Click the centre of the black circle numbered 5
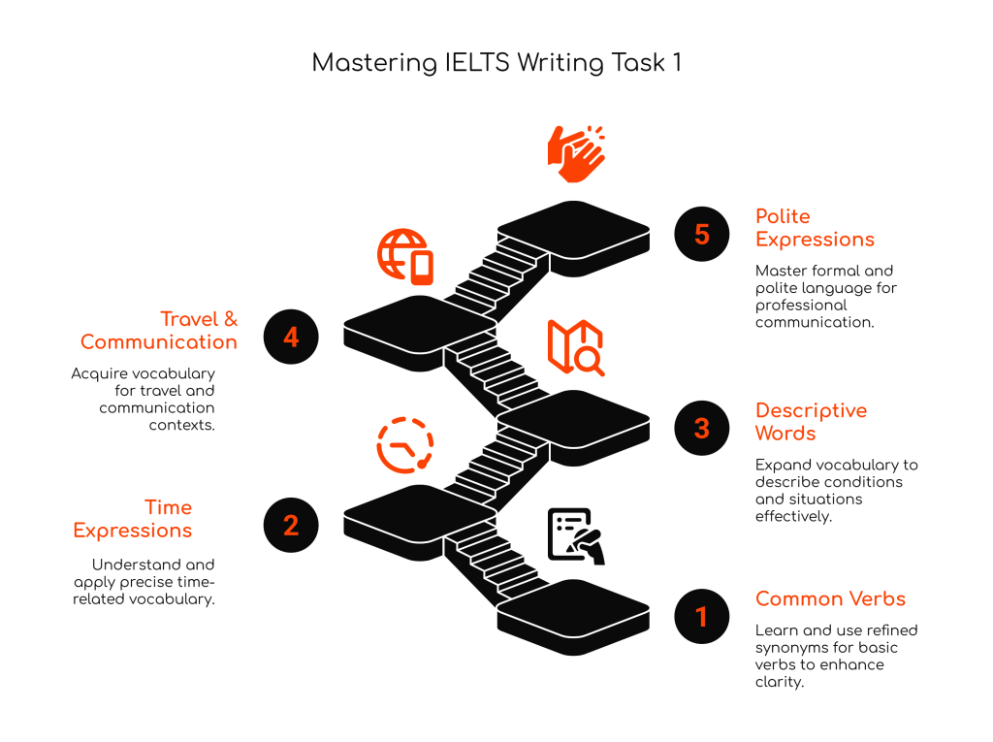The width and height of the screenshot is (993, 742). [x=702, y=234]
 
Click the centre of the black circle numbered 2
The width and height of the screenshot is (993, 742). [x=291, y=525]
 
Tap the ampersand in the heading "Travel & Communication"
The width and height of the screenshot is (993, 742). [x=231, y=319]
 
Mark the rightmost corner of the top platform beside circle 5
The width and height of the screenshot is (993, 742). [x=650, y=228]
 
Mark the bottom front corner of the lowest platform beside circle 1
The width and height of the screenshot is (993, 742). [x=574, y=655]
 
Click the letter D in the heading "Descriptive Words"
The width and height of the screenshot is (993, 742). [x=763, y=410]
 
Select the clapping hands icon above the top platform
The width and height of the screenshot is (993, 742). [x=576, y=153]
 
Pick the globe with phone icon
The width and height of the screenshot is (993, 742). [x=405, y=257]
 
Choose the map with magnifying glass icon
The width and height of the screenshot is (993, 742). [x=576, y=347]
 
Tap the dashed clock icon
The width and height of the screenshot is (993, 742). [x=405, y=445]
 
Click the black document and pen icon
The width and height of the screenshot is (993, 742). [x=576, y=536]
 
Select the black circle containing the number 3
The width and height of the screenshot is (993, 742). [x=702, y=428]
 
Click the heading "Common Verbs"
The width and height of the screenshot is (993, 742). [x=830, y=598]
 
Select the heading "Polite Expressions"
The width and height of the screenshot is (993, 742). [x=815, y=228]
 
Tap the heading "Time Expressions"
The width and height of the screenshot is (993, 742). [x=132, y=518]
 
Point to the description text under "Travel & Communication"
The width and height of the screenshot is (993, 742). [x=144, y=399]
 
